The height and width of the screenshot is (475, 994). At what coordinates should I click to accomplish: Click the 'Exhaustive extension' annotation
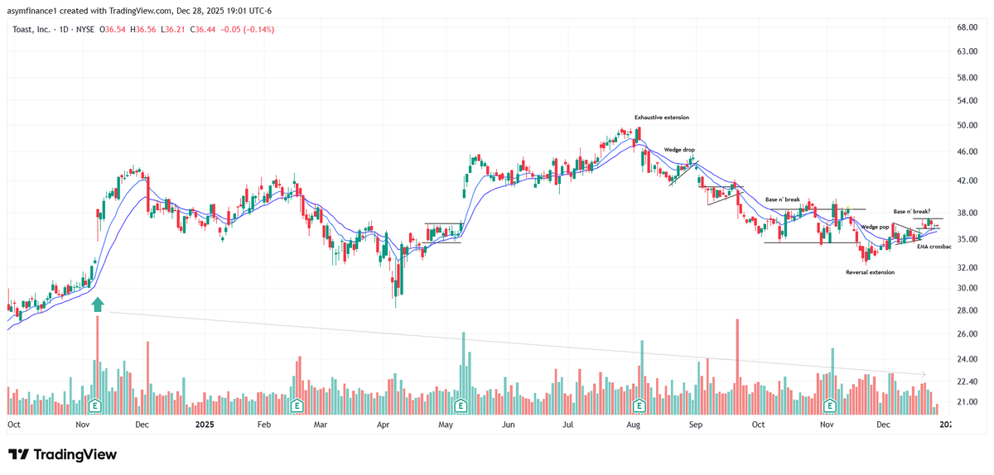tap(662, 118)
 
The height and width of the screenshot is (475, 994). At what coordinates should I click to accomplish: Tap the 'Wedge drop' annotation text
tap(678, 150)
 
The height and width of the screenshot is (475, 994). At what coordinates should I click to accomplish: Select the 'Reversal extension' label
tap(870, 272)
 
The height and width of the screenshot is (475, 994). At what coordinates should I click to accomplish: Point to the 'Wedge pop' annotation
tap(875, 227)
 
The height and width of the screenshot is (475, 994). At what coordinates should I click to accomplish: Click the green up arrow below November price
tap(98, 305)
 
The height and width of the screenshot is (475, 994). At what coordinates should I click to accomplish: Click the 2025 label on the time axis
tap(204, 425)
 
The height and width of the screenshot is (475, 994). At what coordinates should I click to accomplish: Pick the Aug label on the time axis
tap(634, 425)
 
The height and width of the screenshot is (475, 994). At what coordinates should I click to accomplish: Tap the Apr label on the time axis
tap(384, 425)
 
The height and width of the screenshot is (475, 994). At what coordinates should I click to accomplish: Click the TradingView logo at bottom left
tap(62, 454)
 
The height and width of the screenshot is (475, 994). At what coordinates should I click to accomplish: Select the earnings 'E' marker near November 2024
tap(96, 406)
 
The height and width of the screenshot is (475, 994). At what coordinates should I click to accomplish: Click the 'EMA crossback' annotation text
tap(934, 247)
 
